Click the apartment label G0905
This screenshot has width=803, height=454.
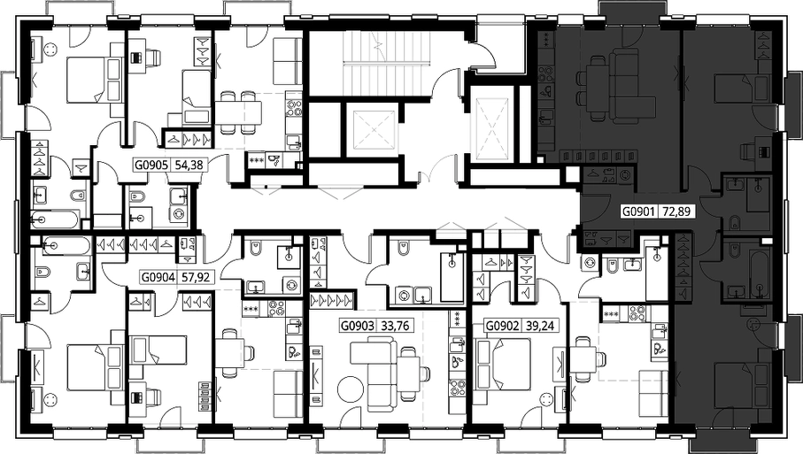point(151,165)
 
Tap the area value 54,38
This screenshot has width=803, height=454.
point(189,165)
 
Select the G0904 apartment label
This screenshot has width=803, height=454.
point(158,277)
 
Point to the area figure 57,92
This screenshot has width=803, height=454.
point(195,277)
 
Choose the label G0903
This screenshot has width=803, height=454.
point(358,326)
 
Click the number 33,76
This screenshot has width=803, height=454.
point(395,326)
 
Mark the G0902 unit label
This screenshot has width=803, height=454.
point(502,326)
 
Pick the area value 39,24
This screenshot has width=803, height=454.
point(539,326)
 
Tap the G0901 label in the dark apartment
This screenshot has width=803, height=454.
point(638,211)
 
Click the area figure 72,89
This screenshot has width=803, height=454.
point(676,211)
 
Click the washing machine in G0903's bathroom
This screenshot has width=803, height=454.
point(405,295)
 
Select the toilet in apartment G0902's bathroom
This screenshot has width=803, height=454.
point(612,265)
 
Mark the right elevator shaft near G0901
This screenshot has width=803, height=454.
point(494,124)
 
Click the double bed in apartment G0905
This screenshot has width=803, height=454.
point(95,80)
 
